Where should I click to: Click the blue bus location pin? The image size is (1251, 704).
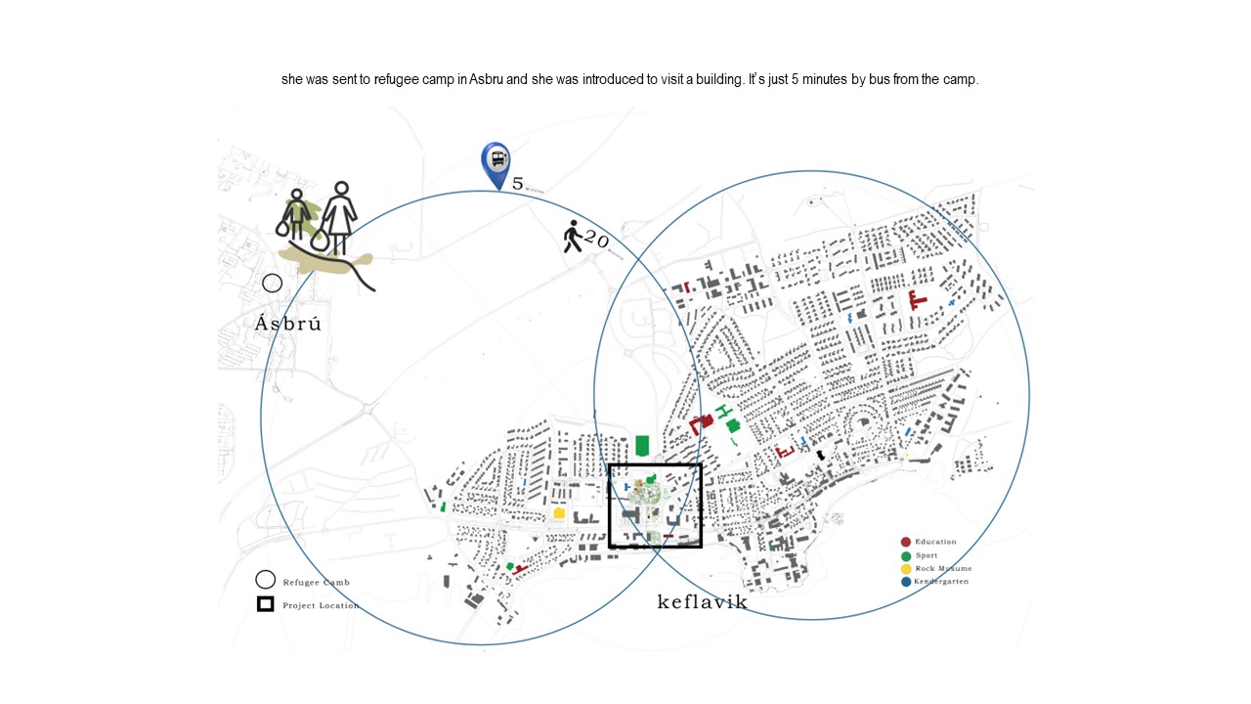pos(496,162)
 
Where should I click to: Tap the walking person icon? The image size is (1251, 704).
pos(573,237)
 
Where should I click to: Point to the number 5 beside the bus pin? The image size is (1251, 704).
pos(518,183)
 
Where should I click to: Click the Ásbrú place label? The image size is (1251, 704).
pos(287,324)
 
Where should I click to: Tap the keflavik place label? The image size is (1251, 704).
pos(703,601)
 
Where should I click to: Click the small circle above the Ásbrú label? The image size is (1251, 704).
pos(273,284)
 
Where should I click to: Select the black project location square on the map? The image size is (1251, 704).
pos(655,506)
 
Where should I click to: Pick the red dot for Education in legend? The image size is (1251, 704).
pos(906,542)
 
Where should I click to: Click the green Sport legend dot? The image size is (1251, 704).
pos(906,555)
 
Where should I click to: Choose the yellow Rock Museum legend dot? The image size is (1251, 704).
pos(906,569)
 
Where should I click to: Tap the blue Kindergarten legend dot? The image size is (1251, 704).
pos(906,582)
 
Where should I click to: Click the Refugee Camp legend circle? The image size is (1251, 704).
pos(265,581)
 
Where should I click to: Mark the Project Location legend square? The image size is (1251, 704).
pos(265,604)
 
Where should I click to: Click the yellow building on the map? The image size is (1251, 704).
pos(559,512)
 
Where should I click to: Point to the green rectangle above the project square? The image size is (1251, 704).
pos(642,446)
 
